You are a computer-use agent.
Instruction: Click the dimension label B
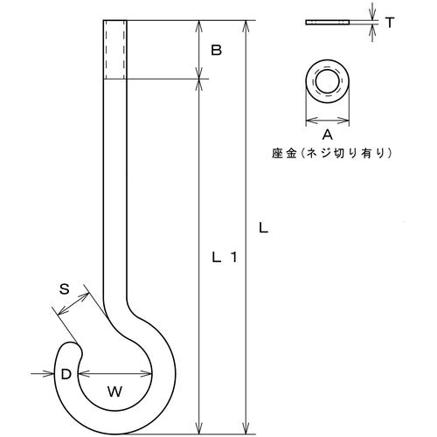[216, 52]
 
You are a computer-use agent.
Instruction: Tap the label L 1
[225, 258]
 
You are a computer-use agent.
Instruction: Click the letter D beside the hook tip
[65, 374]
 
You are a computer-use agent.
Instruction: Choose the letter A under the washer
[328, 135]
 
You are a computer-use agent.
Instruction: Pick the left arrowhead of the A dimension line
[308, 121]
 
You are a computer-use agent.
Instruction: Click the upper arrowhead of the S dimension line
[87, 295]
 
